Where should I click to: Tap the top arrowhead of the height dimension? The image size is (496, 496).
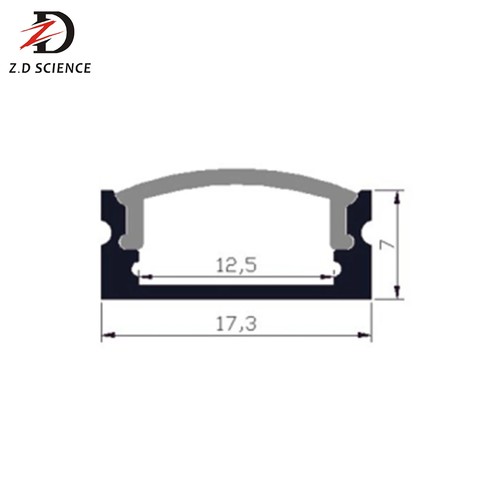click(x=397, y=197)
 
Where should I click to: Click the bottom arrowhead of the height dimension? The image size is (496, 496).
click(x=397, y=291)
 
